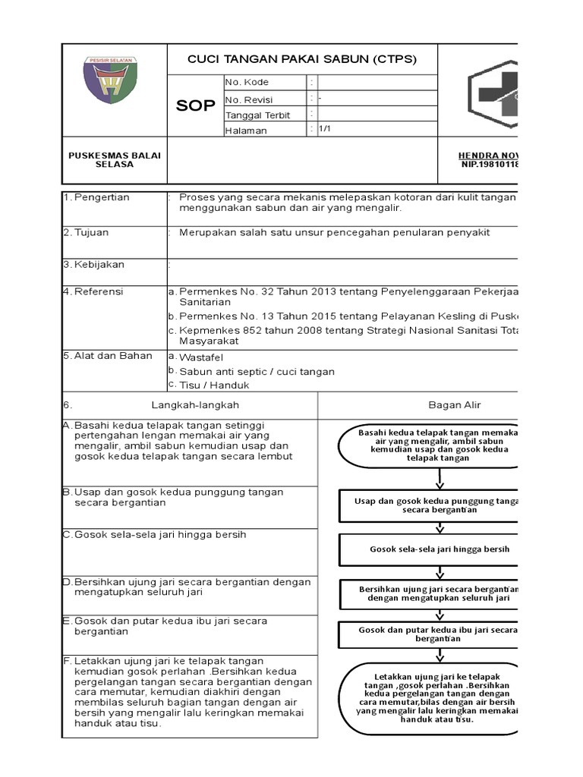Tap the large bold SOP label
195,105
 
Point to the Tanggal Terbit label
257,115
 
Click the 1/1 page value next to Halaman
324,130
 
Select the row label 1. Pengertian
96,197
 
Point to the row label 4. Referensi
93,291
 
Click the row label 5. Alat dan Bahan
107,355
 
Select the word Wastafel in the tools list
201,357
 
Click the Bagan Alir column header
455,405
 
